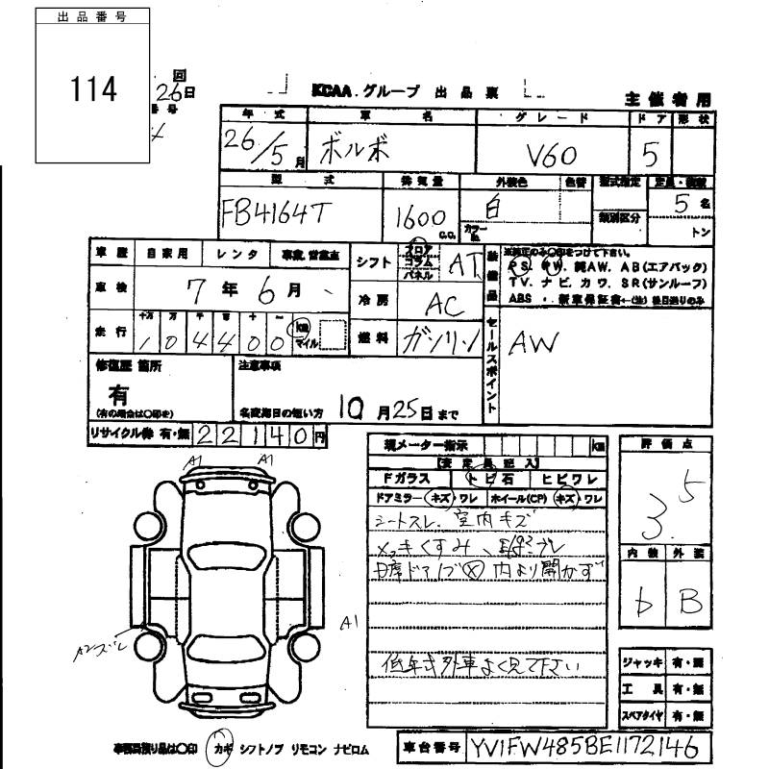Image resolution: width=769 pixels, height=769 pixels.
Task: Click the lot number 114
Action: [x=93, y=89]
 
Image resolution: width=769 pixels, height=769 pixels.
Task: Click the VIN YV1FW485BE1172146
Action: [x=585, y=747]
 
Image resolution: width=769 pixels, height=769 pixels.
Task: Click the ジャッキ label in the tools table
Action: [x=642, y=662]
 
